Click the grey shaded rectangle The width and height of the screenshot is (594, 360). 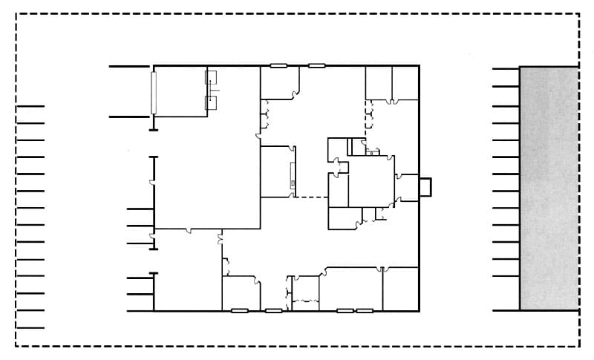pyautogui.click(x=549, y=188)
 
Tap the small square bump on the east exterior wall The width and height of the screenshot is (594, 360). pyautogui.click(x=425, y=186)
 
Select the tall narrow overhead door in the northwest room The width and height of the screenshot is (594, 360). pyautogui.click(x=154, y=92)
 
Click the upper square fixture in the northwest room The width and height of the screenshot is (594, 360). pyautogui.click(x=212, y=76)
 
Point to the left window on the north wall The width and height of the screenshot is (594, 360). pyautogui.click(x=278, y=66)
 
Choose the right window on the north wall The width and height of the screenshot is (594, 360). pyautogui.click(x=316, y=66)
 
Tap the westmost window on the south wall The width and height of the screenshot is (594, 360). pyautogui.click(x=239, y=310)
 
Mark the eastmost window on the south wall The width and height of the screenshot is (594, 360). pyautogui.click(x=364, y=310)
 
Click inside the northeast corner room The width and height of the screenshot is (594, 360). pyautogui.click(x=406, y=83)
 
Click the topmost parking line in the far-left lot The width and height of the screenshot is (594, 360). pyautogui.click(x=30, y=106)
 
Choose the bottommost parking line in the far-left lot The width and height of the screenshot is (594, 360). pyautogui.click(x=30, y=327)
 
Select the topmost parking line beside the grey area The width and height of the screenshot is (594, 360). pyautogui.click(x=506, y=69)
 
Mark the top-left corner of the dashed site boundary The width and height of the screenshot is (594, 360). pyautogui.click(x=16, y=13)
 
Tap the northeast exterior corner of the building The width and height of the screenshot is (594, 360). pyautogui.click(x=420, y=66)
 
